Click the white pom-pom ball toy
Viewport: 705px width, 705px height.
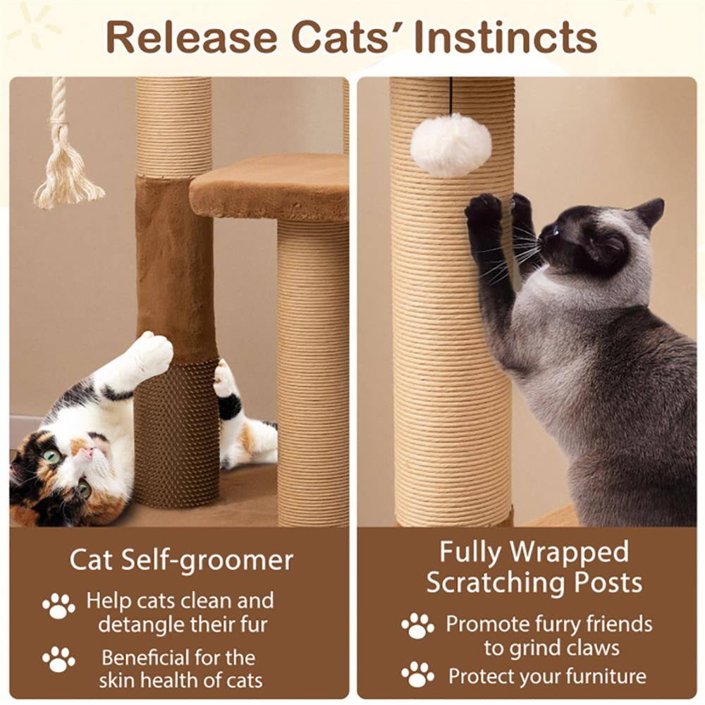coord(451,146)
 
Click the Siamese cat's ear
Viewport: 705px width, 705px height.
coord(649,211)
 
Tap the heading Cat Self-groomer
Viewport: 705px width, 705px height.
coord(181,560)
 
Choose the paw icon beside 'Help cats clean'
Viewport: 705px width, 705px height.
coord(59,606)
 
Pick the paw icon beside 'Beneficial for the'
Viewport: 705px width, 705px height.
coord(59,659)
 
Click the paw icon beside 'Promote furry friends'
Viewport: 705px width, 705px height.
coord(417,625)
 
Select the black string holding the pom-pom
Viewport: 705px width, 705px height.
coord(451,95)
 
